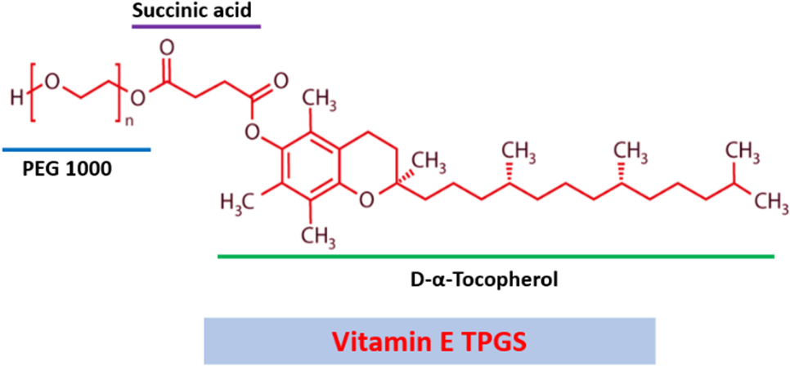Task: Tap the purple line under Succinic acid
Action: tap(195, 26)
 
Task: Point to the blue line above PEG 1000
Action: tap(76, 150)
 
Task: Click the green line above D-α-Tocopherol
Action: tap(496, 257)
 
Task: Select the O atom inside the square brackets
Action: tap(54, 83)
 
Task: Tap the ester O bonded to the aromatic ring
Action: tap(254, 130)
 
